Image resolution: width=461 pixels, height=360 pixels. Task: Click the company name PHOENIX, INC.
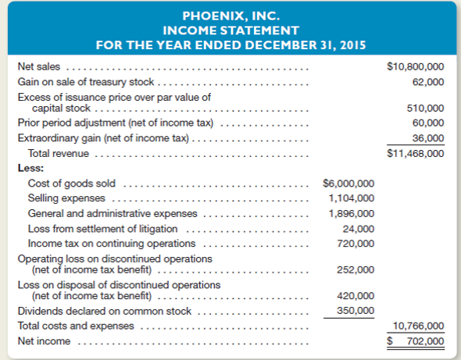[230, 15]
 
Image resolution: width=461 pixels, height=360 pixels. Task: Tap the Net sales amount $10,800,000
[416, 68]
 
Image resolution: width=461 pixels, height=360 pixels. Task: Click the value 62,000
[428, 82]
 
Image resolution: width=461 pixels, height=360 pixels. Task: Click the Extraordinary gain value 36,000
[428, 137]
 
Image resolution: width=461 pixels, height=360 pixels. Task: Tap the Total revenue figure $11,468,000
[416, 153]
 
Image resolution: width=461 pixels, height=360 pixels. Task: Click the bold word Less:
[30, 167]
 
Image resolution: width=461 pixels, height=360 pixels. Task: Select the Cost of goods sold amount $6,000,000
[348, 184]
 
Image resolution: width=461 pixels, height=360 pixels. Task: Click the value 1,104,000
[351, 198]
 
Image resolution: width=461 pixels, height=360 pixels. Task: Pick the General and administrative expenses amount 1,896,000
[351, 213]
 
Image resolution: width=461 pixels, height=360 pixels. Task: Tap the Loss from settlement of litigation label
[102, 229]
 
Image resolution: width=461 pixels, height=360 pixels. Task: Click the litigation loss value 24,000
[358, 229]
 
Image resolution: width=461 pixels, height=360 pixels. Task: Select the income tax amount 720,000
[356, 244]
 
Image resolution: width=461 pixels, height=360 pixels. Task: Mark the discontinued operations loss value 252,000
[356, 269]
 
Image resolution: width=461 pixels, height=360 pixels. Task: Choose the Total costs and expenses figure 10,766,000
[420, 326]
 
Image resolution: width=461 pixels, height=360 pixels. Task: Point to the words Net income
[44, 341]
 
